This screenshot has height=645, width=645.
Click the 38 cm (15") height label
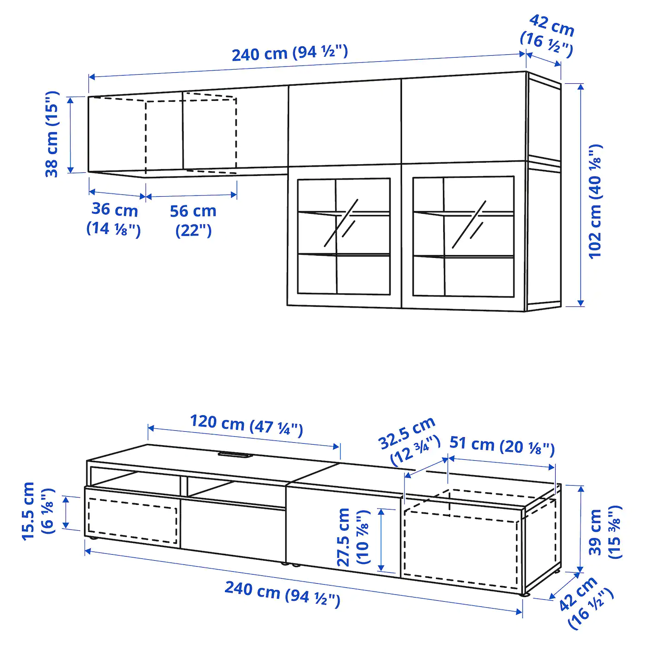point(52,134)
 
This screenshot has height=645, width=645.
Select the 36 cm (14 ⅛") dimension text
point(114,218)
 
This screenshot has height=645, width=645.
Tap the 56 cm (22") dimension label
point(193,220)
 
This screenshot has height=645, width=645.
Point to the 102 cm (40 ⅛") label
point(595,201)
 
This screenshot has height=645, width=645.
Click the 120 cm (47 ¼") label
point(246,425)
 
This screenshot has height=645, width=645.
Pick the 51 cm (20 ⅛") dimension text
point(502,445)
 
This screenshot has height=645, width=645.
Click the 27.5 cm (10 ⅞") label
point(353,537)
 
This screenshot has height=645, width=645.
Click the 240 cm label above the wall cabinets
point(289,53)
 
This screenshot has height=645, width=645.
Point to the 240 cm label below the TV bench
point(282,594)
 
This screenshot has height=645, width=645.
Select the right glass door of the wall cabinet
point(463,236)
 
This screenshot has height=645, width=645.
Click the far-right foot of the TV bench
point(525,595)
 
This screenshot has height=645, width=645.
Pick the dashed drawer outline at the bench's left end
point(132,521)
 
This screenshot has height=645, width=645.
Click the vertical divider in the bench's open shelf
point(184,486)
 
